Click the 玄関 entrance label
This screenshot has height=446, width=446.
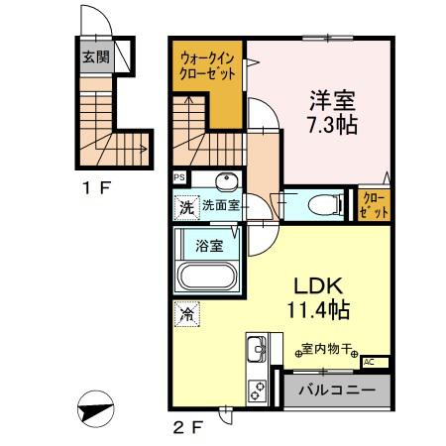pos(95,56)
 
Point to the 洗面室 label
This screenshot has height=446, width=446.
pos(221,207)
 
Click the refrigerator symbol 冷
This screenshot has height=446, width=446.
pos(186,315)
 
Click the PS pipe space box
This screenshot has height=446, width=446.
pos(179,178)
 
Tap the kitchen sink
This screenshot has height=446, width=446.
pos(256,351)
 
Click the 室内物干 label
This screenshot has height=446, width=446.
pos(327,350)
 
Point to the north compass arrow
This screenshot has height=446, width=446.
pos(94,408)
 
